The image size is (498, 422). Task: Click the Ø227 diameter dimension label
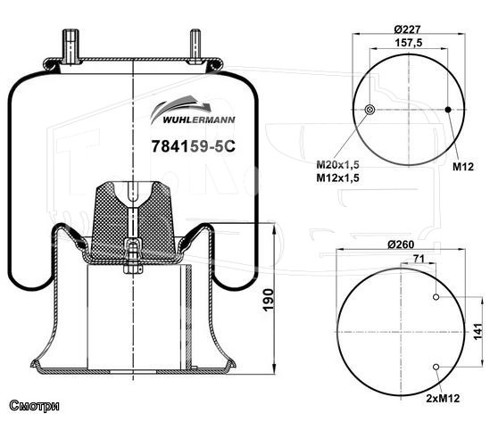[x=407, y=29]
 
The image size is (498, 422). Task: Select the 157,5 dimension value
[x=409, y=43]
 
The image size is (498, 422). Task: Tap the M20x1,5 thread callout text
[x=337, y=164]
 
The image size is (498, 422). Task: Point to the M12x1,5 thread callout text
[x=337, y=178]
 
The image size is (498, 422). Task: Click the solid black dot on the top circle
[x=448, y=110]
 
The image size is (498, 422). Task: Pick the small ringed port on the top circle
[x=369, y=110]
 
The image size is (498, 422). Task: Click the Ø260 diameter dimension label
[x=401, y=244]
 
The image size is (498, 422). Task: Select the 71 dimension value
[x=419, y=259]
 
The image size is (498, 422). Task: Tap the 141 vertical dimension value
[x=477, y=332]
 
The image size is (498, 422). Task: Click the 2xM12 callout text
[x=443, y=398]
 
